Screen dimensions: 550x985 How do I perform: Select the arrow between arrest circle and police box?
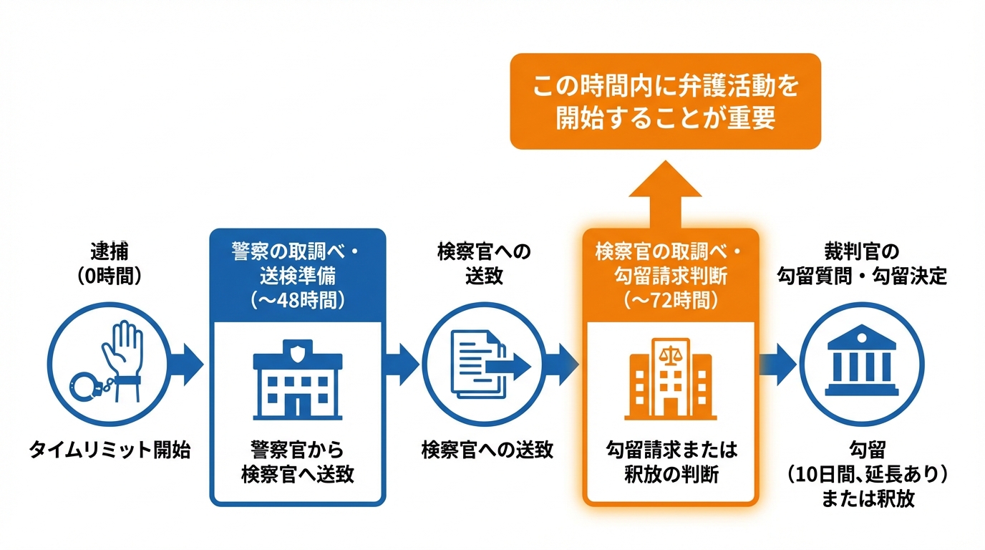[190, 365]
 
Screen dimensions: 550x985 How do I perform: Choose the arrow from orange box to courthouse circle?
[777, 365]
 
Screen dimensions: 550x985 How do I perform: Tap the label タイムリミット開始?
[110, 450]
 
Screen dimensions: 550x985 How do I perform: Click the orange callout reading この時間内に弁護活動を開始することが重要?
[665, 101]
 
